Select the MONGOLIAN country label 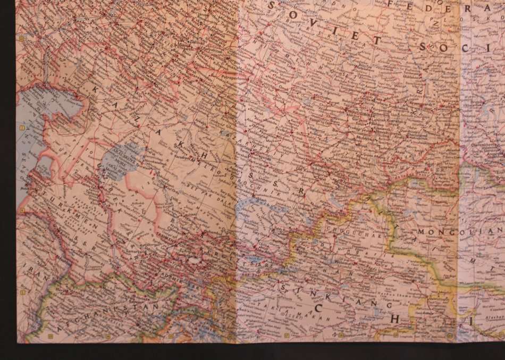tap(460, 232)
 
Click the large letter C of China tap(318, 307)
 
